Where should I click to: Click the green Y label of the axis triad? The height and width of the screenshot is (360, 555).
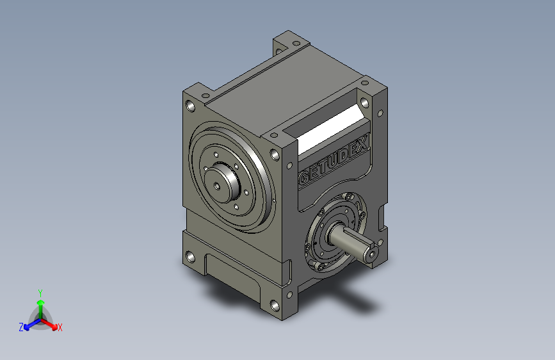pos(40,293)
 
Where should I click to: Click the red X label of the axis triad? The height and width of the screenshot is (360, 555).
pos(60,327)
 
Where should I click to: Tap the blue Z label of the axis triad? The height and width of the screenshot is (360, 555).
pos(21,327)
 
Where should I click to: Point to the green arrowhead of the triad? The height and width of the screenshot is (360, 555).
pos(41,303)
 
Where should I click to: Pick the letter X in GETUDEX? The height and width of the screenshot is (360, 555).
pos(362,144)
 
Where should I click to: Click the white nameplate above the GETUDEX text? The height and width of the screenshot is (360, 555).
pos(331,129)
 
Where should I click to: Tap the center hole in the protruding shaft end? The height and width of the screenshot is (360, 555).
pos(372,254)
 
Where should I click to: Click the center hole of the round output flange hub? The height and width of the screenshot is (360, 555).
pos(217,186)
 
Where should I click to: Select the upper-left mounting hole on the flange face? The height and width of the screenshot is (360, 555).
pos(190,106)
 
